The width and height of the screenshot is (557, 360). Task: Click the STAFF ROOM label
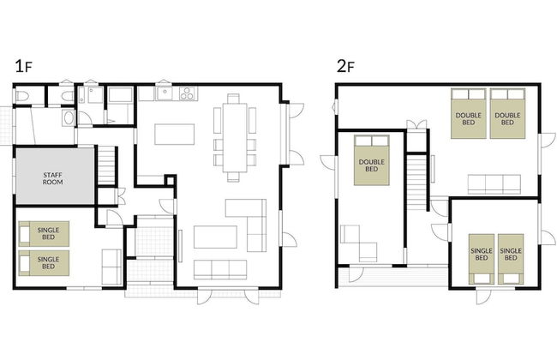pyautogui.click(x=52, y=178)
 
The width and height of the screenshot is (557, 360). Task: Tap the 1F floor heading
pyautogui.click(x=23, y=66)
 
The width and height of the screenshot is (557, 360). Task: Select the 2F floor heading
pyautogui.click(x=345, y=66)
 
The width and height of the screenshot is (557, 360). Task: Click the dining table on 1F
pyautogui.click(x=235, y=137)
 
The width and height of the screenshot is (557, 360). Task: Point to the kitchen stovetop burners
pyautogui.click(x=189, y=93)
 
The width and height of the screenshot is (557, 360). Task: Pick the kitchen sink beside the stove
pyautogui.click(x=165, y=93)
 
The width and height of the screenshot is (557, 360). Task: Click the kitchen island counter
pyautogui.click(x=175, y=134)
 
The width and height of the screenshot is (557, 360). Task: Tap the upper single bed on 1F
pyautogui.click(x=44, y=234)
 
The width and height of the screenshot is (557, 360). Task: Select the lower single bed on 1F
pyautogui.click(x=44, y=263)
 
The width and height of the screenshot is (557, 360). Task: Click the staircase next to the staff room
pyautogui.click(x=106, y=165)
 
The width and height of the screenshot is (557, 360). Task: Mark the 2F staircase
pyautogui.click(x=416, y=182)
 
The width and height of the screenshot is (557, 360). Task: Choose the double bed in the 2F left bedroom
pyautogui.click(x=372, y=160)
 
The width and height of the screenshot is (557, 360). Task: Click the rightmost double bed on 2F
pyautogui.click(x=507, y=114)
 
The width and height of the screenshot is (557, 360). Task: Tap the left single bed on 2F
pyautogui.click(x=482, y=259)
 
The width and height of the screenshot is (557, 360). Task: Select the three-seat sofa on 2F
pyautogui.click(x=494, y=184)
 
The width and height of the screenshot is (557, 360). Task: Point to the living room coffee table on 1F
pyautogui.click(x=215, y=237)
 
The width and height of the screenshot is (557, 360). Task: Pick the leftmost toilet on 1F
pyautogui.click(x=23, y=96)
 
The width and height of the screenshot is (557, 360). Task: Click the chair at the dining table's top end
pyautogui.click(x=233, y=99)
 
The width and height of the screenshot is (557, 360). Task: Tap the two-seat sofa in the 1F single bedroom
pyautogui.click(x=111, y=267)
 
